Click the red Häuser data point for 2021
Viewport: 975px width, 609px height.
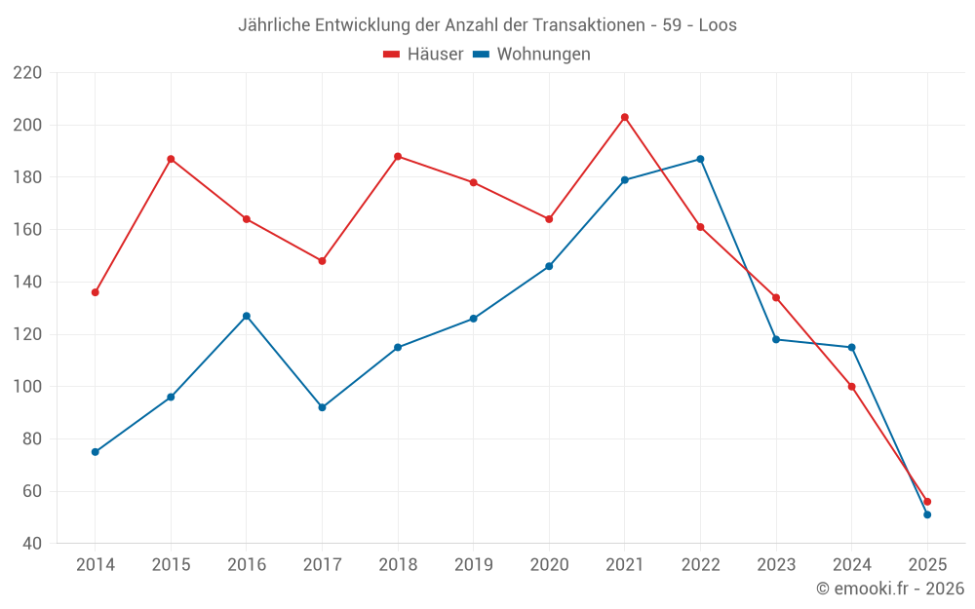[x=625, y=117]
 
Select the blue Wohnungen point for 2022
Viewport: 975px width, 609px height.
[x=700, y=159]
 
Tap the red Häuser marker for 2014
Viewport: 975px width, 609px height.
[x=95, y=292]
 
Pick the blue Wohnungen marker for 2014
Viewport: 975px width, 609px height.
[x=95, y=452]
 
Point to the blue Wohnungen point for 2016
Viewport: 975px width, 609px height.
[x=247, y=316]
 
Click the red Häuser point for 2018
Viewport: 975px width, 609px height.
[x=398, y=156]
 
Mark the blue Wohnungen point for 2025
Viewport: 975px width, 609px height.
[x=927, y=514]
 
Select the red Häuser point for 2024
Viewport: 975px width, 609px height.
[x=851, y=387]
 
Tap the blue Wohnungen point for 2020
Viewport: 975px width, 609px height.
[x=549, y=266]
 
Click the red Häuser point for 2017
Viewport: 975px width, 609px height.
[x=322, y=261]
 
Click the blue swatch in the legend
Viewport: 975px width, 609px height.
[x=481, y=55]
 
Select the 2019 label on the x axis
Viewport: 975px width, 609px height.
[x=473, y=565]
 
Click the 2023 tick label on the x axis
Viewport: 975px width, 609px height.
[x=776, y=565]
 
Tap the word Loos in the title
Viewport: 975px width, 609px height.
[x=718, y=25]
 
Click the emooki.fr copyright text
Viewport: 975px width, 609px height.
[x=890, y=589]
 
